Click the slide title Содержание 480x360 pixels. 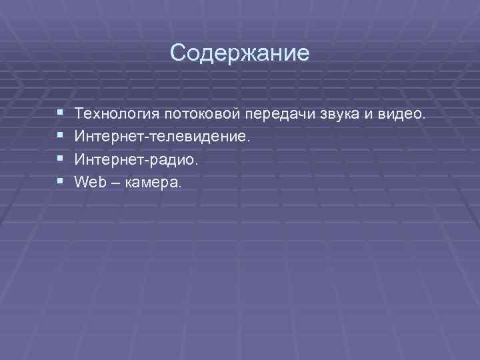(239, 53)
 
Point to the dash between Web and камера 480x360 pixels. (114, 182)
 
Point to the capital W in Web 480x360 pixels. (82, 181)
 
